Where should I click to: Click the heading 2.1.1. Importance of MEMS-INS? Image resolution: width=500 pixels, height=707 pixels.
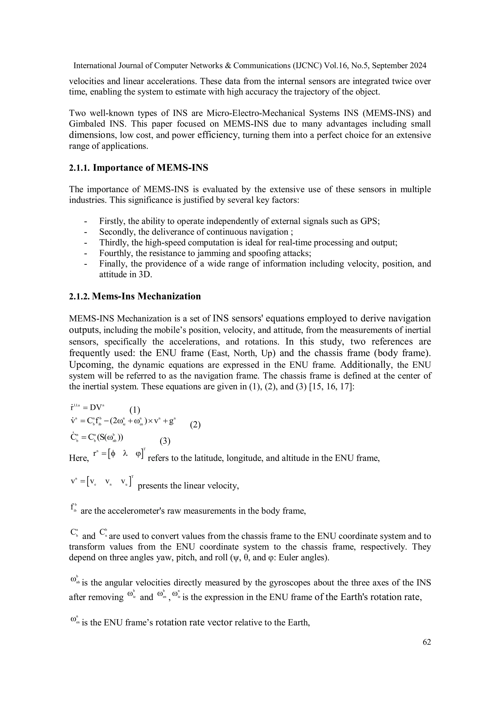point(138,168)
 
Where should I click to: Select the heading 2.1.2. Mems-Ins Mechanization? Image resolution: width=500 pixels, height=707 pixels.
point(135,296)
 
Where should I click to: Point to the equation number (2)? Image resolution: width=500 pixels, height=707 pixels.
point(195,425)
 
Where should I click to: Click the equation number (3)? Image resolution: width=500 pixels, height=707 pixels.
point(165,441)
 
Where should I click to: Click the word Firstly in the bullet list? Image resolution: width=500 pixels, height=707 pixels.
point(112,221)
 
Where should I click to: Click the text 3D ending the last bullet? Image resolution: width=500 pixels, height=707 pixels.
point(146,274)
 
